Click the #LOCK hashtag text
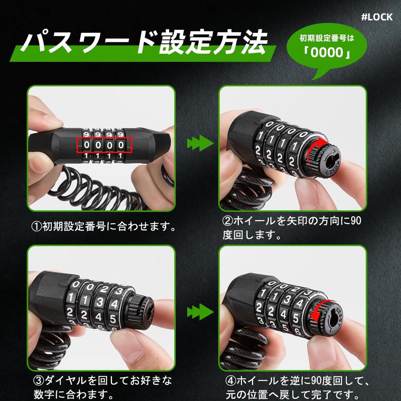[376, 18]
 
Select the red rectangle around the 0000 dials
[104, 145]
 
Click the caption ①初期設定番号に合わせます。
[103, 226]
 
